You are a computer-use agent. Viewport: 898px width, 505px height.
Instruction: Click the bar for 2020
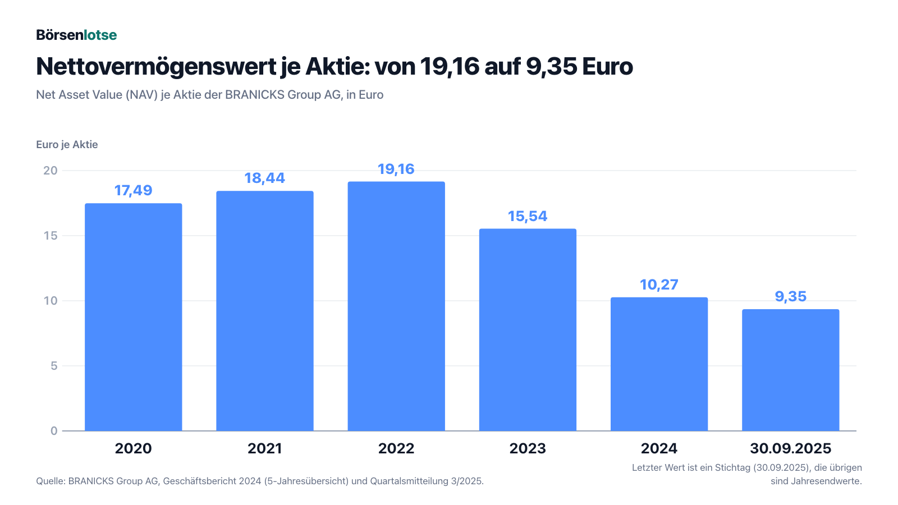134,317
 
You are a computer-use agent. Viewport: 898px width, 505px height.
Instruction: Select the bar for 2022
396,306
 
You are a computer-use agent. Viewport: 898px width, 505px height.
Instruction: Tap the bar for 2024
659,364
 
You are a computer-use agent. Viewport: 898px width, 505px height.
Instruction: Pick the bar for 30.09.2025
791,370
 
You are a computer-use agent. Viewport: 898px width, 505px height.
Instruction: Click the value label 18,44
264,178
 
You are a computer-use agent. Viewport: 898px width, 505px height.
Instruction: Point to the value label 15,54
528,217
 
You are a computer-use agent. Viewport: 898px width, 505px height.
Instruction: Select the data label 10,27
659,284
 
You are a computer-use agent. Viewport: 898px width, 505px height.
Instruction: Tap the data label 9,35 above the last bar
791,297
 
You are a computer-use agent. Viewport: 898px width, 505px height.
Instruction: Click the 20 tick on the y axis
51,171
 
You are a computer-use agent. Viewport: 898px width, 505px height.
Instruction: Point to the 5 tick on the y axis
54,366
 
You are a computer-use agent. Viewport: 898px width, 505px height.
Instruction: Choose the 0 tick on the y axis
54,431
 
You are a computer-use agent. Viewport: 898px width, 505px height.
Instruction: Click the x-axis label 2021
264,448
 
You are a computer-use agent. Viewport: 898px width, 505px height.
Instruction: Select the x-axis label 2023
528,448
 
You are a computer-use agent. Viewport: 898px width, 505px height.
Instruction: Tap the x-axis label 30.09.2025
791,448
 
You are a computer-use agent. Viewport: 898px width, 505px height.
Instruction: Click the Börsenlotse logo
76,35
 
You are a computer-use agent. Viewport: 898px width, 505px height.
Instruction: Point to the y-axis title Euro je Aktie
67,145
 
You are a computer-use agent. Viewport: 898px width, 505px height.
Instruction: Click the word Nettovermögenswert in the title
156,67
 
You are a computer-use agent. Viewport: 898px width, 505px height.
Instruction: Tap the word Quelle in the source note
51,481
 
